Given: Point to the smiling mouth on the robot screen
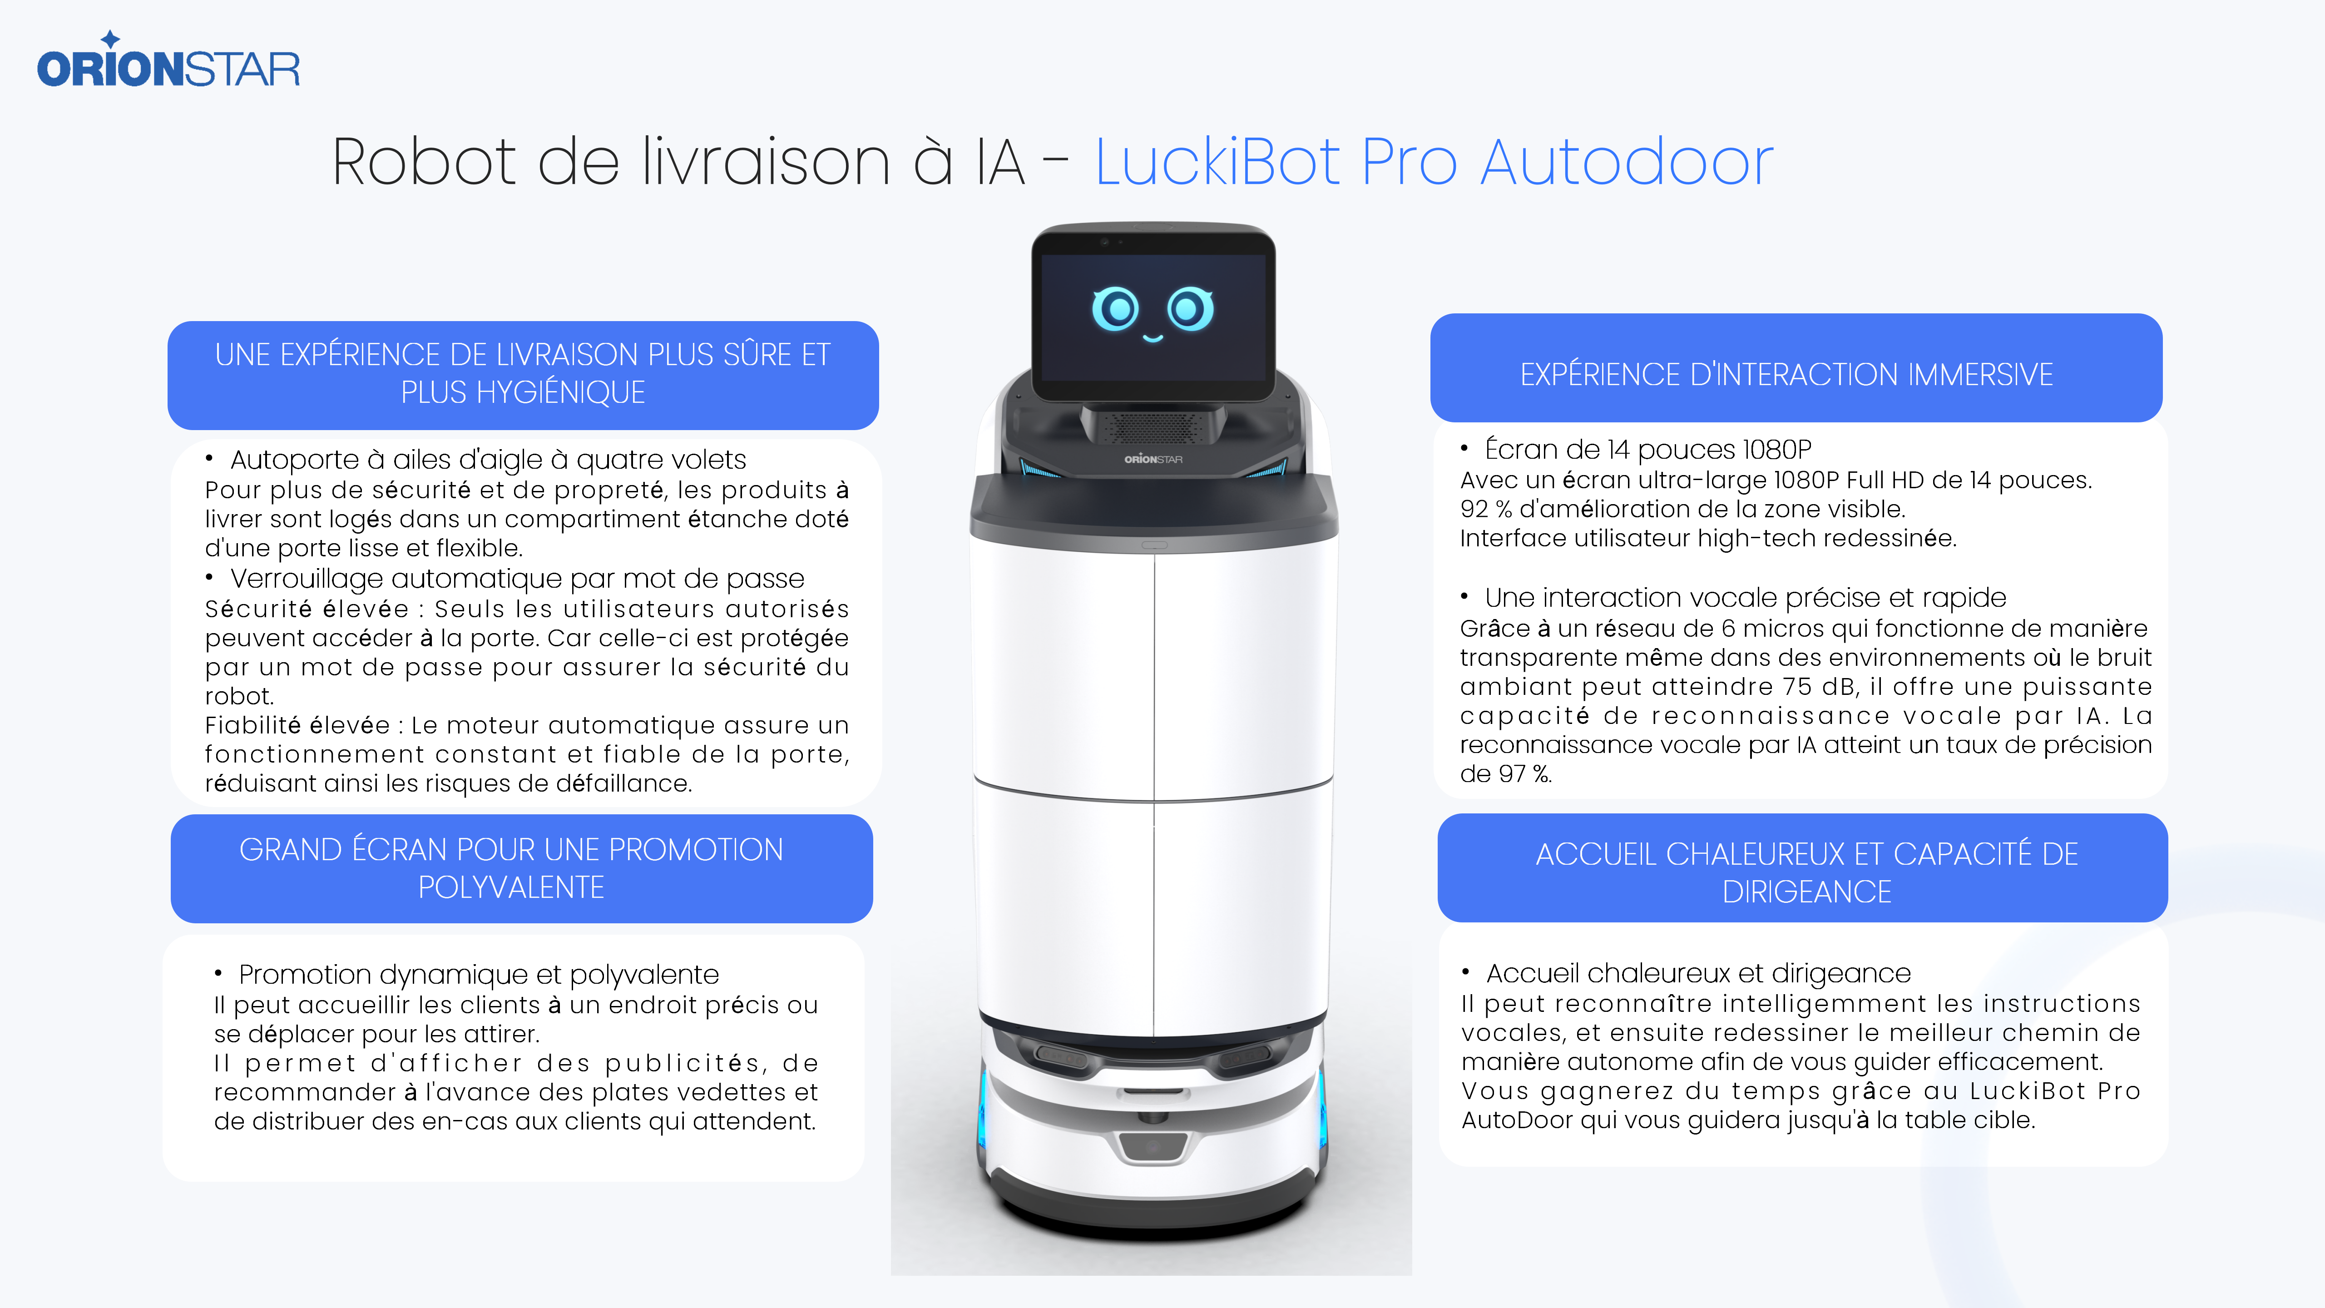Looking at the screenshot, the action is point(1153,338).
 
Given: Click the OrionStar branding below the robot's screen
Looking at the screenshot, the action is point(1153,460).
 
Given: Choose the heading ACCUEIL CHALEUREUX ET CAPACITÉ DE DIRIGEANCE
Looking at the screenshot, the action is point(1807,872).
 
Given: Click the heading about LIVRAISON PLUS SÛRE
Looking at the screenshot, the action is point(523,373).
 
